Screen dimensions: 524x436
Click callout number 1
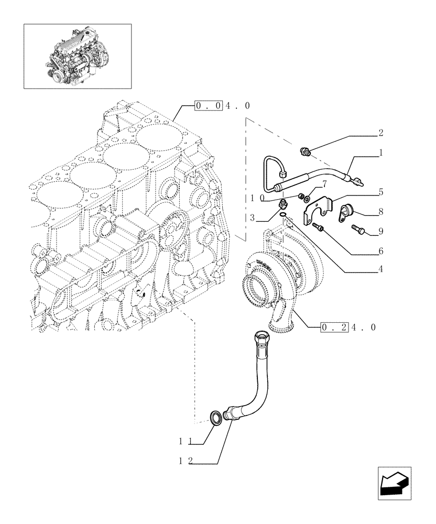coord(381,154)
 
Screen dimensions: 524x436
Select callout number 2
coord(381,133)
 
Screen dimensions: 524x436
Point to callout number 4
coord(381,269)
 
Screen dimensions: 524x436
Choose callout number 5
coord(381,192)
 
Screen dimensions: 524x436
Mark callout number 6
coord(381,251)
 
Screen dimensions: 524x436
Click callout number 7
coord(324,184)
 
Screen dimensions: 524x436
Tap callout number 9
coord(381,231)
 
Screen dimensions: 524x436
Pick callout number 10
coord(256,198)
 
